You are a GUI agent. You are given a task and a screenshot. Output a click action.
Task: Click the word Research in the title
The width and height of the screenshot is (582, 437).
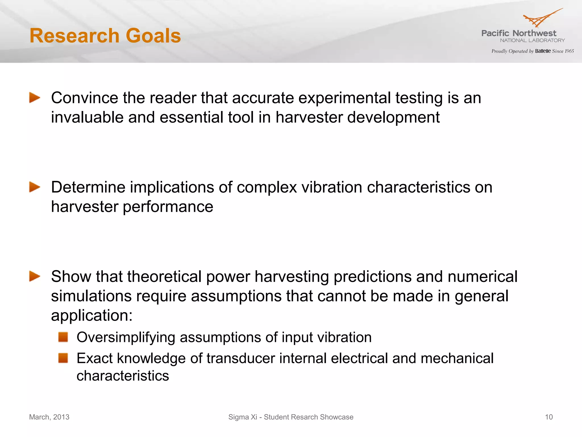click(x=74, y=36)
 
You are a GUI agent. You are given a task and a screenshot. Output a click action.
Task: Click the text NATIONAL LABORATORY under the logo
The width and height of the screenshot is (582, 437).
click(x=532, y=41)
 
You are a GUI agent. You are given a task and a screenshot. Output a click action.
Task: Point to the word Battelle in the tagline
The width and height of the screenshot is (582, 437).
click(x=543, y=51)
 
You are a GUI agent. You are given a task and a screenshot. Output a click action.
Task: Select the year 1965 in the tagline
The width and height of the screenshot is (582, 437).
click(x=569, y=51)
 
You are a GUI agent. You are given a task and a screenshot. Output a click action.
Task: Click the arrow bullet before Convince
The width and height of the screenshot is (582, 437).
click(x=35, y=98)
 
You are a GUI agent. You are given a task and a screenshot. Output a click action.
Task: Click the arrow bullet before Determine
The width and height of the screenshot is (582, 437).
click(x=35, y=187)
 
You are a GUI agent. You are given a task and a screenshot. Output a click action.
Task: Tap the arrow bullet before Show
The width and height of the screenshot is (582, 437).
click(x=35, y=276)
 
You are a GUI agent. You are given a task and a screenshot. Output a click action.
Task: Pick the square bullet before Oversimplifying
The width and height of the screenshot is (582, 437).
click(x=63, y=337)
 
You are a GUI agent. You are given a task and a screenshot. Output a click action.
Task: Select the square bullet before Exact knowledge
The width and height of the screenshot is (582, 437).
click(x=63, y=358)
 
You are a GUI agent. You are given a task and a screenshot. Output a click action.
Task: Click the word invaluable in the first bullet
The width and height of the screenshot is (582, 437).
click(x=87, y=117)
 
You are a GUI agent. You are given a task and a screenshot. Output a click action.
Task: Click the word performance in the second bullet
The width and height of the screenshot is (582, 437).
click(x=168, y=207)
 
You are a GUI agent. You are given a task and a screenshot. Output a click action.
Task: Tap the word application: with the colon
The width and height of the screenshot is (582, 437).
click(x=92, y=316)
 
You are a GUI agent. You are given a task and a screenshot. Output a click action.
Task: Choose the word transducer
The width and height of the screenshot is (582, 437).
click(x=241, y=358)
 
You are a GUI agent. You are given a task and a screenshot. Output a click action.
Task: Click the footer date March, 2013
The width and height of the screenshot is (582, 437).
click(x=49, y=417)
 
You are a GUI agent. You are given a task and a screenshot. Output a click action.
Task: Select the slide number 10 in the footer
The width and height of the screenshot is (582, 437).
click(x=549, y=417)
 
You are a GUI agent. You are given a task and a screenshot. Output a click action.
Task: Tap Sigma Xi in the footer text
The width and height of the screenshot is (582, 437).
click(x=242, y=417)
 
